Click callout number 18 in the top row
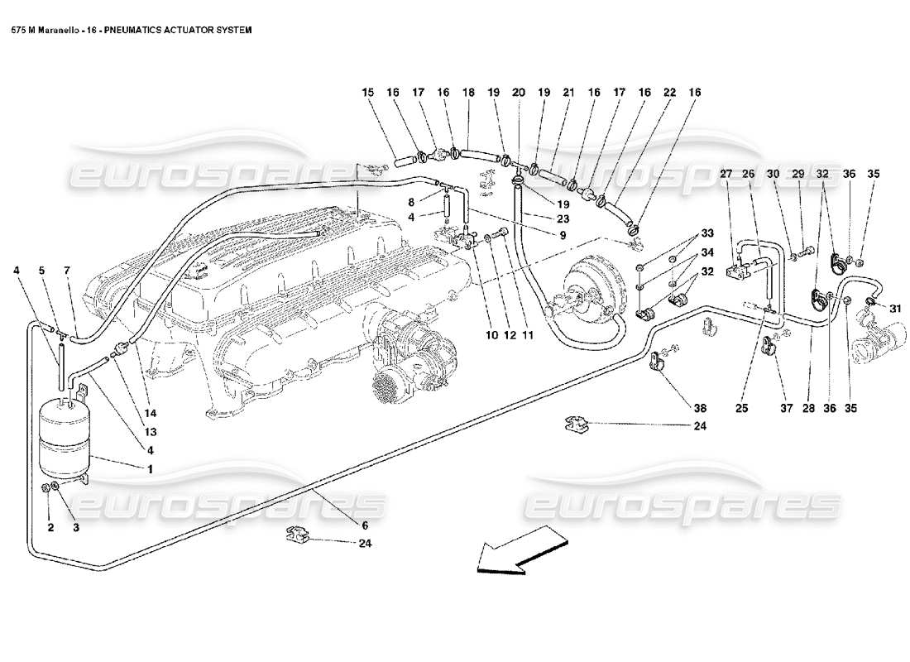(468, 94)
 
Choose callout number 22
(669, 94)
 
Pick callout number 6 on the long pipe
(364, 525)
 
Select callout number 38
(701, 408)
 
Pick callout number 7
(66, 270)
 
